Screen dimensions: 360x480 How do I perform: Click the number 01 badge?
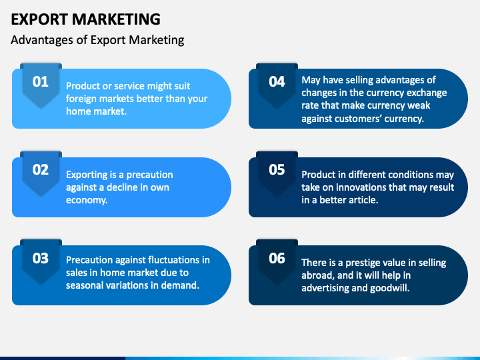(x=41, y=82)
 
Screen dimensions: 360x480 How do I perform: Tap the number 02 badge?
(x=41, y=170)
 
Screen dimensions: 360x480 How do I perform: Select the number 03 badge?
(x=41, y=258)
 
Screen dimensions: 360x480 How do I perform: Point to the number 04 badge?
(x=277, y=82)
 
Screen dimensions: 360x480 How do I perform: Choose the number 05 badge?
(x=277, y=170)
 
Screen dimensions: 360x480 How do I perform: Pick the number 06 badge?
(x=277, y=258)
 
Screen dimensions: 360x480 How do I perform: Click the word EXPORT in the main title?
(x=41, y=19)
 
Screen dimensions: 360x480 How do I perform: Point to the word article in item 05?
(x=359, y=200)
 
